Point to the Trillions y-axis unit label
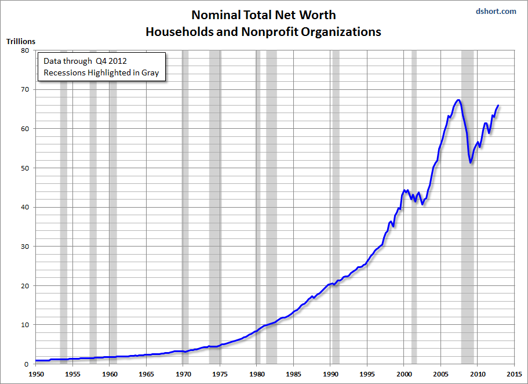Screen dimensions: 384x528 21,41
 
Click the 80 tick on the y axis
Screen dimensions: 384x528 25,50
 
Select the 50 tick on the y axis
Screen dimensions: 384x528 25,168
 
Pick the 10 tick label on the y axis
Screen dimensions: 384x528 25,325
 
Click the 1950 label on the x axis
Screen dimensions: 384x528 36,375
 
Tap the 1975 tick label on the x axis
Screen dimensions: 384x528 220,375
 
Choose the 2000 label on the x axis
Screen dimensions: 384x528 404,375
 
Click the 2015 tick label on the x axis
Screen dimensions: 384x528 514,375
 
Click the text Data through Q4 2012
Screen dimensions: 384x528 83,61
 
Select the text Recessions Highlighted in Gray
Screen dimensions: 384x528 101,73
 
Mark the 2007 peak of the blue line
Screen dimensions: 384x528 458,100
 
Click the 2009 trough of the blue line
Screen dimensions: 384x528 471,162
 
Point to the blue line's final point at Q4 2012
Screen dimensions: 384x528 498,106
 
